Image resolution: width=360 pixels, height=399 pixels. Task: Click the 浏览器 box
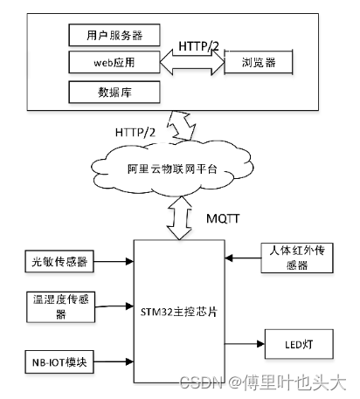pyautogui.click(x=258, y=63)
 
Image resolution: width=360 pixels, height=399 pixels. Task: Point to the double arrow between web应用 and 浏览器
pyautogui.click(x=192, y=63)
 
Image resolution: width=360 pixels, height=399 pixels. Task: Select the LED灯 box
pyautogui.click(x=301, y=345)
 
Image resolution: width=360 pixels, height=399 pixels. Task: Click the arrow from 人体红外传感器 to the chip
pyautogui.click(x=241, y=258)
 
